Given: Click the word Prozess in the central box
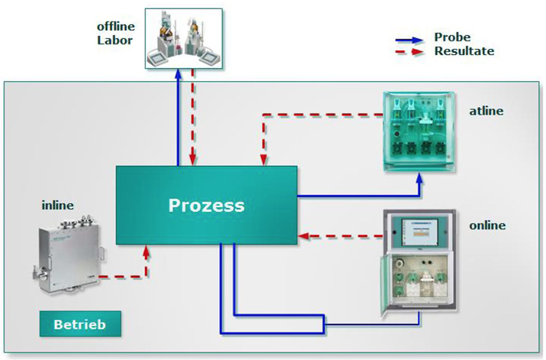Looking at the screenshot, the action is pos(206,206).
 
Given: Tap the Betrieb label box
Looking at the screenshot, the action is pos(80,324).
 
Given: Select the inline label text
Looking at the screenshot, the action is pos(58,205).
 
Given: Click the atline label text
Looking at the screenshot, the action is pos(486,111).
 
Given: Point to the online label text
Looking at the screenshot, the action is pos(487,225).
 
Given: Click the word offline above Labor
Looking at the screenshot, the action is pos(116,26).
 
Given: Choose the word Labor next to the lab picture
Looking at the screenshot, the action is pos(115,40).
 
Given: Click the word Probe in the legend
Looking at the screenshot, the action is pos(452,37).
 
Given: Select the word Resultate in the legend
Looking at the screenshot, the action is pos(464,51).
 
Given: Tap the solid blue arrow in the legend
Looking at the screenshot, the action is pos(409,40).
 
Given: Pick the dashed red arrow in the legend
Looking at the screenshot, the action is pos(409,52).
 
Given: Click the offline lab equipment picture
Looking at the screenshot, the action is pos(184,38).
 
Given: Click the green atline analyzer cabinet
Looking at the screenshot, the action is pos(419,131).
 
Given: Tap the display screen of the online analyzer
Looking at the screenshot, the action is pos(419,232).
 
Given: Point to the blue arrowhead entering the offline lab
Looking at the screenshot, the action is pos(178,75).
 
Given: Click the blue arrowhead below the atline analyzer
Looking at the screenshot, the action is pos(419,178).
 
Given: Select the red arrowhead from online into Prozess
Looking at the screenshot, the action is pos(304,236).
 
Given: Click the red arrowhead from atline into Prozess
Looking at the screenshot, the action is pos(263,160).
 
